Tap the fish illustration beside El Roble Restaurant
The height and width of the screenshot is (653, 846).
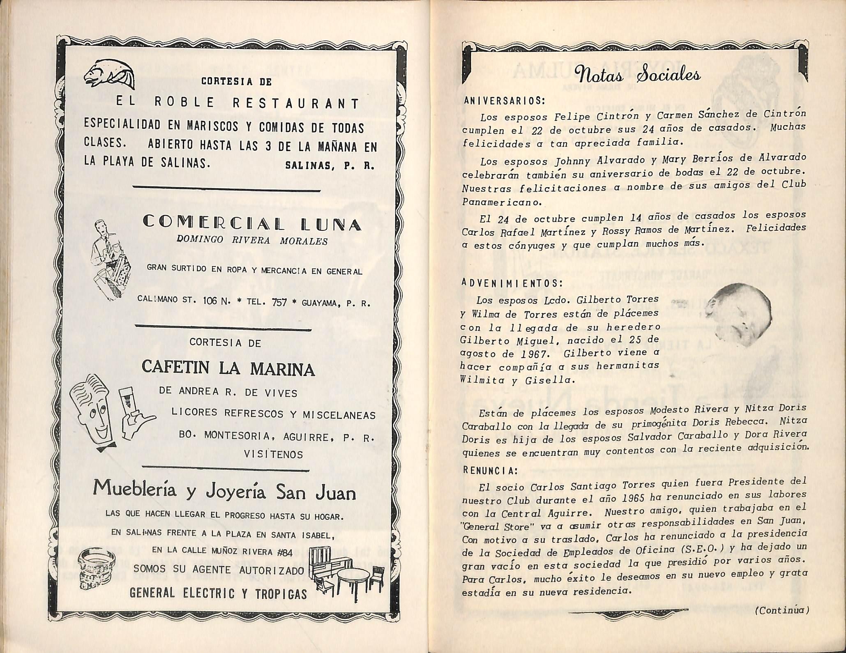(x=109, y=74)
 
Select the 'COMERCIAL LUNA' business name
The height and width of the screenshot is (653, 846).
(x=252, y=223)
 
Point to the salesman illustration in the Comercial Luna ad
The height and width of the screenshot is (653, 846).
(x=110, y=259)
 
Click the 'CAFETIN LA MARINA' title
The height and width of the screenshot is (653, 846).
(x=228, y=368)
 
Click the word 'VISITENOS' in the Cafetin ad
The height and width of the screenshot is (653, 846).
(x=274, y=454)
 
